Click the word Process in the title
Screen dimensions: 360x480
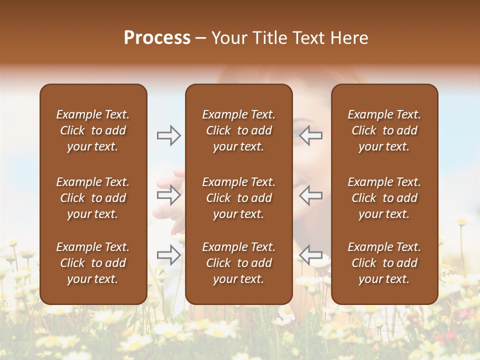click(157, 37)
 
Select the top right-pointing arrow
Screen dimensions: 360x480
click(168, 135)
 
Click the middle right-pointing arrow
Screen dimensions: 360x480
click(168, 195)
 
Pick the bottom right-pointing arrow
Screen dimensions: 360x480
click(168, 255)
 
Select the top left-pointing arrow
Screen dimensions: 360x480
click(311, 135)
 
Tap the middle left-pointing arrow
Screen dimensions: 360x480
click(311, 195)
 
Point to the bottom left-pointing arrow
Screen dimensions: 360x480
click(311, 255)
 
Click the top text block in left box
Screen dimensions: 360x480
click(93, 130)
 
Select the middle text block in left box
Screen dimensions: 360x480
click(93, 198)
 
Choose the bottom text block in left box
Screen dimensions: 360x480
click(93, 263)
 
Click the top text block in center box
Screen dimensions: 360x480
click(238, 130)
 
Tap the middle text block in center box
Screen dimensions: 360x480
click(238, 198)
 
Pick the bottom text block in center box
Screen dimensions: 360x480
click(238, 263)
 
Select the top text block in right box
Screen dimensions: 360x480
click(384, 130)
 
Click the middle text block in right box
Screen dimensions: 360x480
click(384, 198)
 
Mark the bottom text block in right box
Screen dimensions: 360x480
click(384, 263)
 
